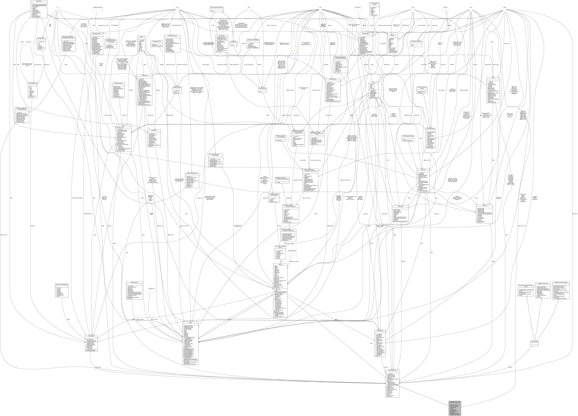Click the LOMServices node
(151, 289)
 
